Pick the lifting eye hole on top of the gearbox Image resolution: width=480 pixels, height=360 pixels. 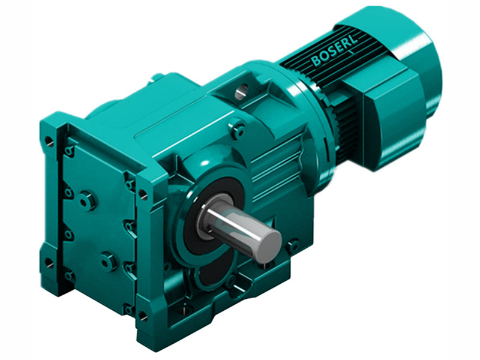(242, 92)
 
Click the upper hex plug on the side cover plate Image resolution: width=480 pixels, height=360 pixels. (87, 199)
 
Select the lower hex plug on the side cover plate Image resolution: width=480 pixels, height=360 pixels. (107, 261)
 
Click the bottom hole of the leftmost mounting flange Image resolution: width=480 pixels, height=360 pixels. (49, 263)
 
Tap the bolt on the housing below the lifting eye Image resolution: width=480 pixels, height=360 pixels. (238, 128)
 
